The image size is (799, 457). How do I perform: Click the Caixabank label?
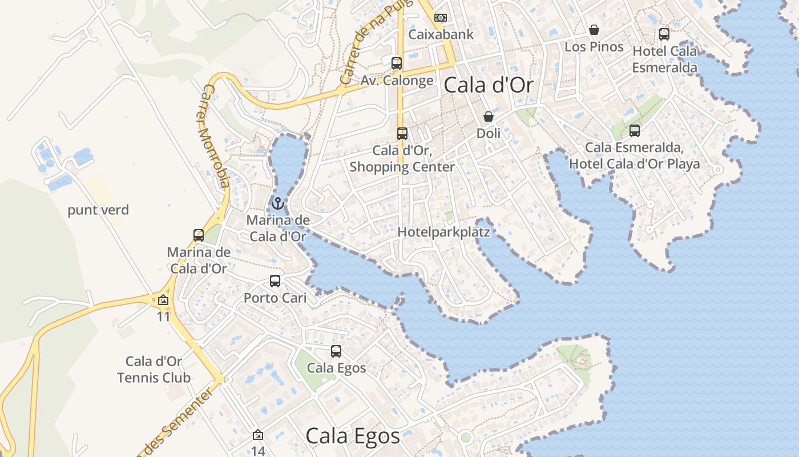click(441, 34)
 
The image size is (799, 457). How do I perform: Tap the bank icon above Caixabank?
click(440, 18)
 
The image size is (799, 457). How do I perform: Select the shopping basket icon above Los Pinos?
click(594, 30)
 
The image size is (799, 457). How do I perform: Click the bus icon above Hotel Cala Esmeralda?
click(664, 34)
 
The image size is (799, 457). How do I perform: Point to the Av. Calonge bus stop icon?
click(397, 63)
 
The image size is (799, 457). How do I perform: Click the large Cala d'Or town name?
click(489, 86)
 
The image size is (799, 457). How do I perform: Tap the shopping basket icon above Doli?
click(489, 117)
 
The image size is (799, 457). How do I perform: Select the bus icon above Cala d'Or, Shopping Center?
click(402, 134)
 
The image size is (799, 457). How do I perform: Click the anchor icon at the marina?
click(278, 203)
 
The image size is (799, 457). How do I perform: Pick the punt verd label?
click(98, 210)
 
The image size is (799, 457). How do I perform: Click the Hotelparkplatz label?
click(444, 232)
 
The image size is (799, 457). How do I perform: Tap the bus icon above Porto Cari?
click(275, 281)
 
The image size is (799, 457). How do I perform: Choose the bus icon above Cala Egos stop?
click(336, 351)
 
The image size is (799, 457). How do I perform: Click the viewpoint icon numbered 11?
click(164, 300)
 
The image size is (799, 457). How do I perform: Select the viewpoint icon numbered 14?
click(258, 435)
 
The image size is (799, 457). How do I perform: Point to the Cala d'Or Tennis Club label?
click(154, 370)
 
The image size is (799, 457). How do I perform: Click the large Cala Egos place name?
click(353, 436)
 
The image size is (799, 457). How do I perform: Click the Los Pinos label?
click(594, 47)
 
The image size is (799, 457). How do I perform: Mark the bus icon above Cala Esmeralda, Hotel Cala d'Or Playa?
click(635, 131)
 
